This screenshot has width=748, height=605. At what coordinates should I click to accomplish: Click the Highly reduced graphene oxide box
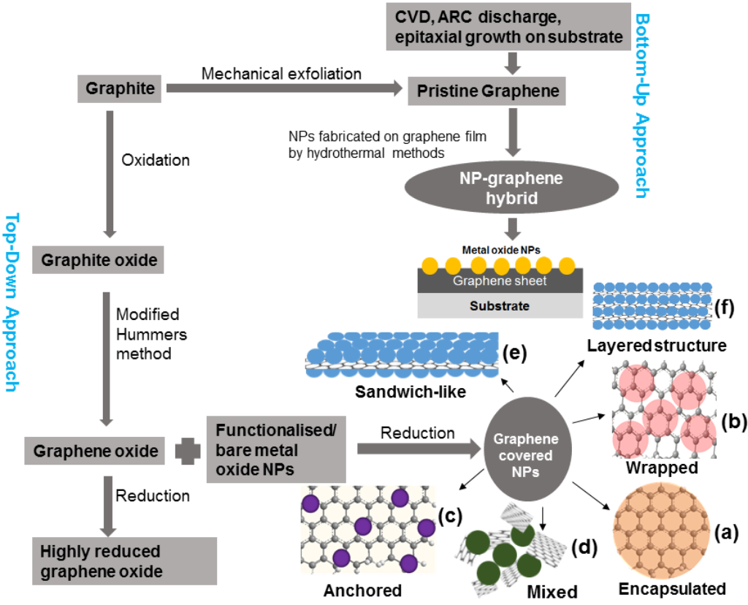pos(124,560)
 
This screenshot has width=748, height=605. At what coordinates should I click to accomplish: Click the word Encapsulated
pos(672,589)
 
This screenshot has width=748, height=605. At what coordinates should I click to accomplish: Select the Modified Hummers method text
pos(153,334)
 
